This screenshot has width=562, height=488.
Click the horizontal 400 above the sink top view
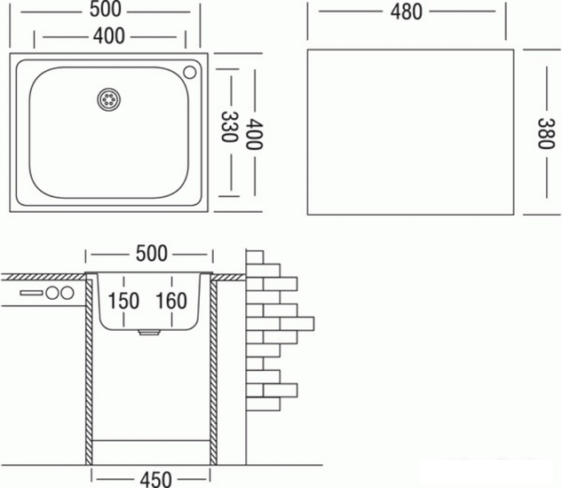pos(111,36)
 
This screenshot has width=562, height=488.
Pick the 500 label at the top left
pos(111,12)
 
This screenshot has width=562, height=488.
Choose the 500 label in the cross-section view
pos(151,253)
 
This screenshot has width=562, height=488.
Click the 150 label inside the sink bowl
pos(124,301)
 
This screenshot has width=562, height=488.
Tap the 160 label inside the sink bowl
pos(172,301)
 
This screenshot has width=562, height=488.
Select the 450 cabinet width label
pos(151,478)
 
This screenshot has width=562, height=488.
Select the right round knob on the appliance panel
pos(65,293)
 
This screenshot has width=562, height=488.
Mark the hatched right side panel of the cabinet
pos(214,373)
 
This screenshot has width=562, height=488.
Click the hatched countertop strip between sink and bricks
pos(231,277)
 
